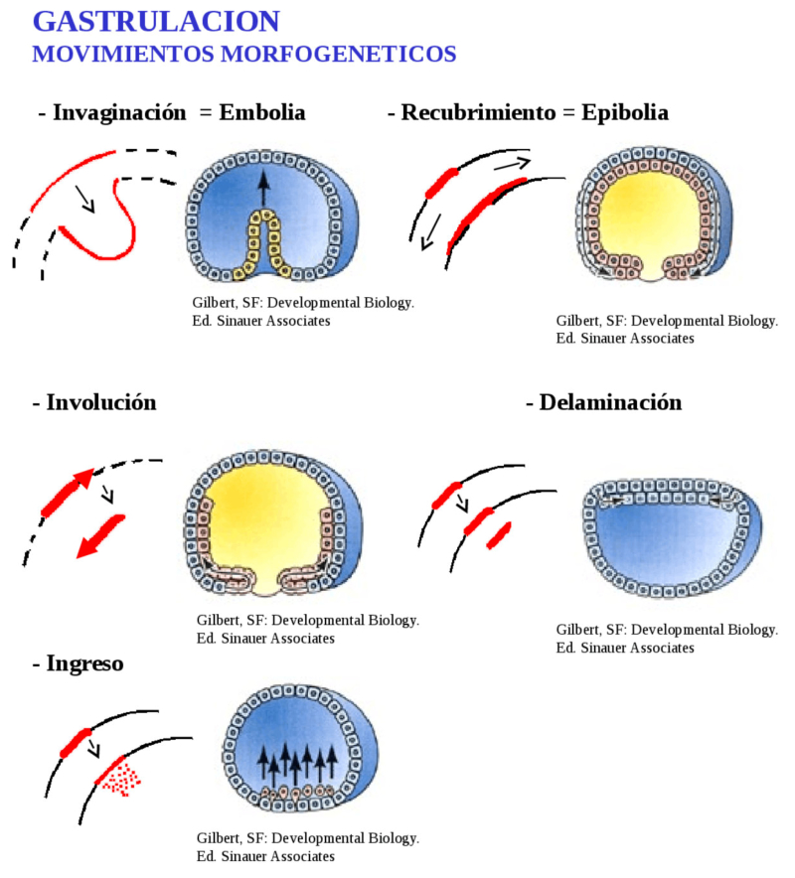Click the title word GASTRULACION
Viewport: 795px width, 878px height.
coord(156,22)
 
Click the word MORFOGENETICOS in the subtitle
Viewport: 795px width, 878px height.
coord(339,55)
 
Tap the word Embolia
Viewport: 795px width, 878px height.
coord(262,112)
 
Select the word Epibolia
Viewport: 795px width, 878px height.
coord(625,113)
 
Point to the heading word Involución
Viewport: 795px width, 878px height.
coord(101,402)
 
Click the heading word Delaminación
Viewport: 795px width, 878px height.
coord(611,402)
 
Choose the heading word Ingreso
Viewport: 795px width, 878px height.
coord(84,664)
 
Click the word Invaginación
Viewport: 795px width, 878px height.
coord(119,113)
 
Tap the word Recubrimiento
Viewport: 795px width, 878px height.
coord(478,112)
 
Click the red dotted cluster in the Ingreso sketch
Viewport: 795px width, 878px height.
coord(121,779)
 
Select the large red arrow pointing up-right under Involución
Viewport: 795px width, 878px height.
coord(68,493)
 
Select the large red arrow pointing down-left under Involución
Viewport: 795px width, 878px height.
coord(100,536)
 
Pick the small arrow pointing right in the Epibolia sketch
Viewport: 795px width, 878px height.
coord(512,164)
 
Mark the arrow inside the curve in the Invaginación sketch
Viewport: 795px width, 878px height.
coord(85,200)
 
